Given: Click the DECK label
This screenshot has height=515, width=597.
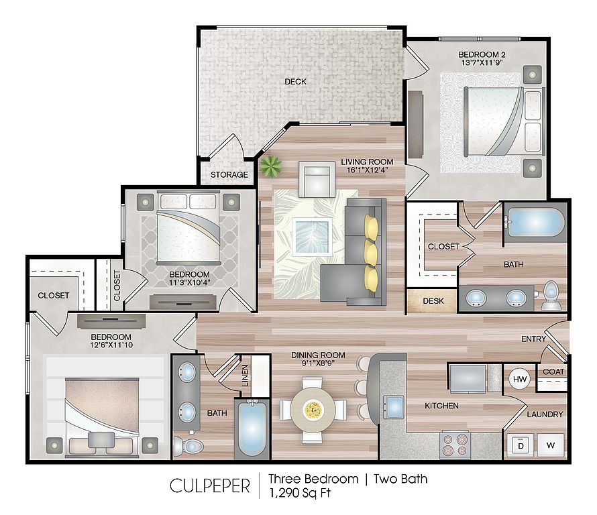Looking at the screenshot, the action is coord(295,81).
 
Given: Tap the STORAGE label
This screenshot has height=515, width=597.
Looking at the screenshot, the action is coord(229,175).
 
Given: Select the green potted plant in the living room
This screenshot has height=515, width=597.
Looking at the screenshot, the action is coord(271,166).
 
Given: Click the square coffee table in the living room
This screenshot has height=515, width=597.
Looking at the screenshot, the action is coord(312,237).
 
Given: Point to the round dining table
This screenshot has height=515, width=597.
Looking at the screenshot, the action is coord(313,410).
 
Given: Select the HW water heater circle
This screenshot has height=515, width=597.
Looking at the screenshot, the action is coord(520,379).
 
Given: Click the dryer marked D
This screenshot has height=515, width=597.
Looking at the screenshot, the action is coord(521,445).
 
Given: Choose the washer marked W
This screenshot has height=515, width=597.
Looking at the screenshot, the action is coord(551,445).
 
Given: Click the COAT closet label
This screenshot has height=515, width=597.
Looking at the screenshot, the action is coord(553,371).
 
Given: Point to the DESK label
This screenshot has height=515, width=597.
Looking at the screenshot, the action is coord(433,300).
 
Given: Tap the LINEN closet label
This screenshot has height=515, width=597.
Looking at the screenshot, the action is coord(245,376).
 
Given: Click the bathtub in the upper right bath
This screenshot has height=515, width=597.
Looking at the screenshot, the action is coord(535,222).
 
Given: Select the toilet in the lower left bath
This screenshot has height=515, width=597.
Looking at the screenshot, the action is coord(188,446).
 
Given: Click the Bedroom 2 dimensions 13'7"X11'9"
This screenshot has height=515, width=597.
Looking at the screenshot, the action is coord(482,63).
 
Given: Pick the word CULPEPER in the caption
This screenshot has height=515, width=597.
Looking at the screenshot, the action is coord(210,486).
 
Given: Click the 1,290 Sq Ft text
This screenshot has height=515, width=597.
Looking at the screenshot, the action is coord(300,493).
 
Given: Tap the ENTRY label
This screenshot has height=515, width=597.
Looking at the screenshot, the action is coord(533,339).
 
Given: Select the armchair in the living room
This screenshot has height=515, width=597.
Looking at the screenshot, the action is coord(317,179).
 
